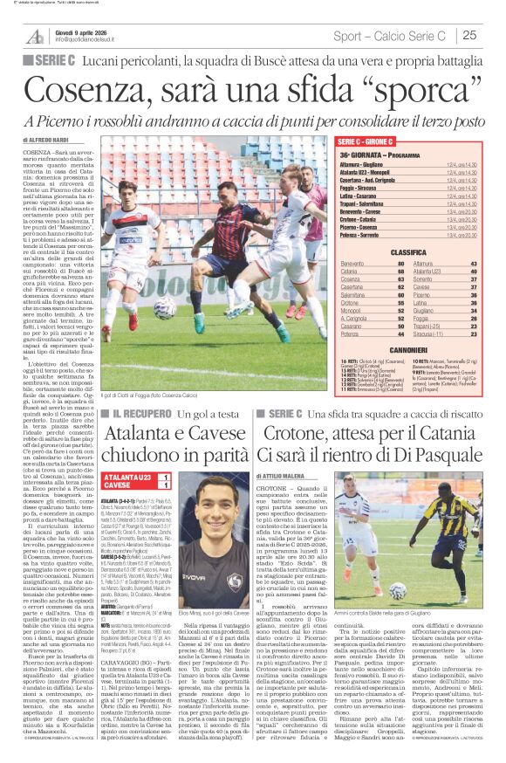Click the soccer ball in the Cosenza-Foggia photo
tap(165, 308)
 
